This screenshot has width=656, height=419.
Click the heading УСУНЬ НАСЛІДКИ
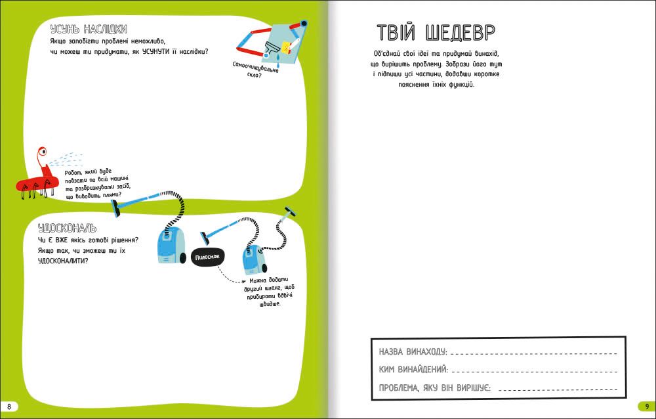tap(89, 30)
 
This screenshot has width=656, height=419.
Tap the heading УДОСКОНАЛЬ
tap(68, 228)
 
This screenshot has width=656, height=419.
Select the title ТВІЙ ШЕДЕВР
tap(436, 32)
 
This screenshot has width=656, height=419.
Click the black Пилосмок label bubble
tap(208, 256)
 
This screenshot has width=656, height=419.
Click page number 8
tap(9, 407)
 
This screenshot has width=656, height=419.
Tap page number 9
tap(647, 407)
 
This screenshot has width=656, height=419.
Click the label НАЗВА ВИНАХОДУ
tap(413, 351)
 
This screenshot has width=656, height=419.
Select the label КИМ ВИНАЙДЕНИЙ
tap(413, 370)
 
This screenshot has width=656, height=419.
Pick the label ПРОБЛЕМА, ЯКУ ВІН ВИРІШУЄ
tap(435, 388)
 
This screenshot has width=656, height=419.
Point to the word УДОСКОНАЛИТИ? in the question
tap(63, 261)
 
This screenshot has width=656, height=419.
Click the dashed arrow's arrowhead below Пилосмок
tap(243, 282)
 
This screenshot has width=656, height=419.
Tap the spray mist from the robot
tap(66, 159)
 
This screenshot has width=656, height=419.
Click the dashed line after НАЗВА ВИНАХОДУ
tap(534, 354)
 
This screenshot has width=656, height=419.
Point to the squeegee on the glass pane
tap(270, 48)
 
